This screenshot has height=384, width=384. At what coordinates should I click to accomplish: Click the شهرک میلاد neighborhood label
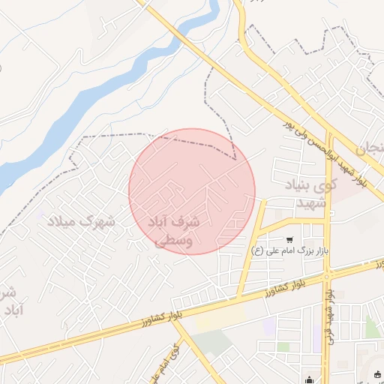80,221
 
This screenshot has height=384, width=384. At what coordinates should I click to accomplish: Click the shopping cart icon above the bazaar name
289,239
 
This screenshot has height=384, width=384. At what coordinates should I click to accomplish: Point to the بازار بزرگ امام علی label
292,251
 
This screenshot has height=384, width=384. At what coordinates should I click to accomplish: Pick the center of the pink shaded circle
192,191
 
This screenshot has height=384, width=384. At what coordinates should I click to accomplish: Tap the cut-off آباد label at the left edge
10,310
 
